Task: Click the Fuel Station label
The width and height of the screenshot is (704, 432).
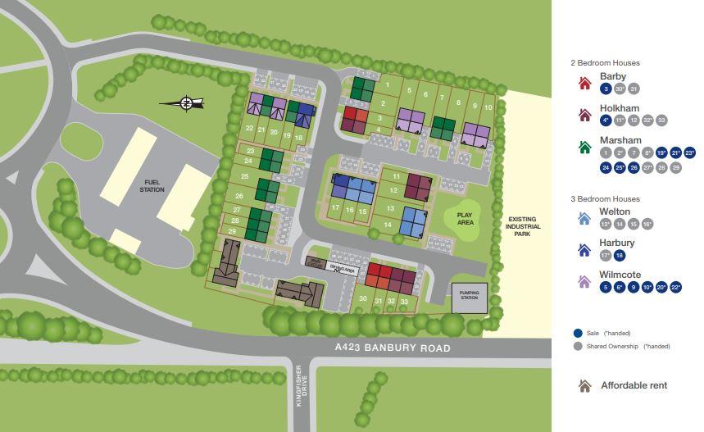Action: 152,186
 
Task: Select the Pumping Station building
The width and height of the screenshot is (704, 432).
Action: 469,296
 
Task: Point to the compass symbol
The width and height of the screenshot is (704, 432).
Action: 186,103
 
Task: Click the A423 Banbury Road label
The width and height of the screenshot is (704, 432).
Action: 393,348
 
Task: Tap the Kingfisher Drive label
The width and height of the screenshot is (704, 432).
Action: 302,381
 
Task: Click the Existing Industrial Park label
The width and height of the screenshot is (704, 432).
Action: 522,226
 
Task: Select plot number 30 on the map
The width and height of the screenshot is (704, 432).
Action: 363,299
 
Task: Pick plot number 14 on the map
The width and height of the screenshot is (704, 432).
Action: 388,225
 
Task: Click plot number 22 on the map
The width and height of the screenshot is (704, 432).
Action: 249,129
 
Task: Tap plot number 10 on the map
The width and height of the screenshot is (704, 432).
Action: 488,107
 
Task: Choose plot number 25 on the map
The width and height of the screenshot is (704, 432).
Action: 244,176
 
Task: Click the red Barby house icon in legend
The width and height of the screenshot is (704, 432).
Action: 585,83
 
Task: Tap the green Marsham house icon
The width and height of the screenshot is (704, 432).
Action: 585,148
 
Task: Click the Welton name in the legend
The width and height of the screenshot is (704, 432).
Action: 615,211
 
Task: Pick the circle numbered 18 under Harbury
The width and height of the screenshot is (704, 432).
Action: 620,256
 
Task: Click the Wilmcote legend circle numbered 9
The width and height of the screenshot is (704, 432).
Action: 634,287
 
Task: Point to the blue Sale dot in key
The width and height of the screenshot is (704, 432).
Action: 578,334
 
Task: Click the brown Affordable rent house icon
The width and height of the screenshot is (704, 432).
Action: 584,385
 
